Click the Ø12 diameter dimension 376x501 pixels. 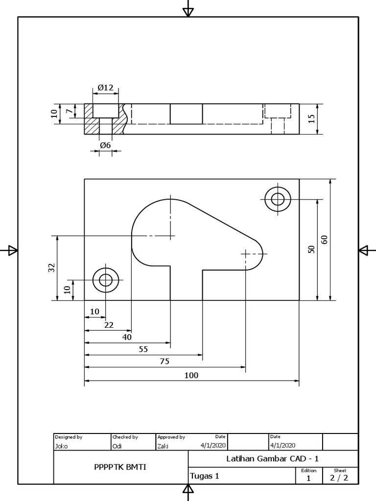105,88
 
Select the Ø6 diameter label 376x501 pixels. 105,145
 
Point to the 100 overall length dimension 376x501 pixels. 191,375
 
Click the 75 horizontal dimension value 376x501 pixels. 164,362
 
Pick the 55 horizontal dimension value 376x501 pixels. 143,349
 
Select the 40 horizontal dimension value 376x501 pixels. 127,337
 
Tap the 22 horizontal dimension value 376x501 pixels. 108,324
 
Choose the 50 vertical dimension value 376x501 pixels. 311,250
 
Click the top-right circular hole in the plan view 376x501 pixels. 278,199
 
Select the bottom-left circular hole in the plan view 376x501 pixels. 106,280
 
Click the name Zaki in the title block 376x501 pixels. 163,446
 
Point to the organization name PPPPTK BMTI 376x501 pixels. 120,467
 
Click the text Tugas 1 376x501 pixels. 204,476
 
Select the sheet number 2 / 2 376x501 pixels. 339,478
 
